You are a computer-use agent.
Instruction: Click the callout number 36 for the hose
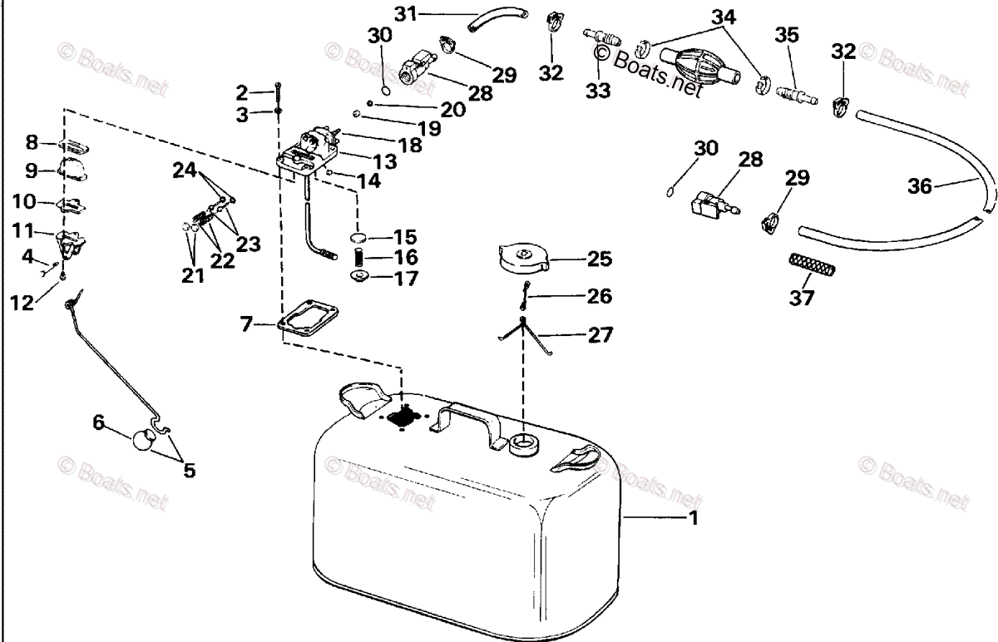tap(919, 187)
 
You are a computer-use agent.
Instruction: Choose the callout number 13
tap(385, 160)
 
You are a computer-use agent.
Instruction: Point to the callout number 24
tap(185, 170)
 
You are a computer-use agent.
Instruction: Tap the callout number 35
tap(786, 34)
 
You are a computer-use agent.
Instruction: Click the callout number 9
tap(31, 170)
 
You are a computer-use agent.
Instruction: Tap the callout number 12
tap(22, 304)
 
